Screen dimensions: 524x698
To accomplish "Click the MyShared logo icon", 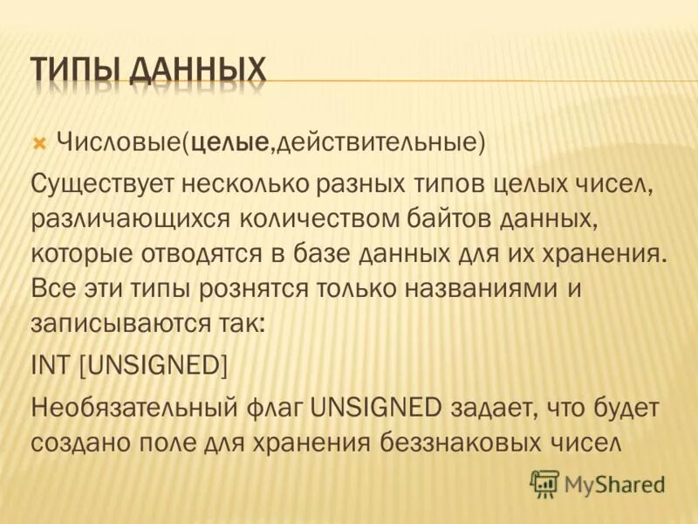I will (544, 482).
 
